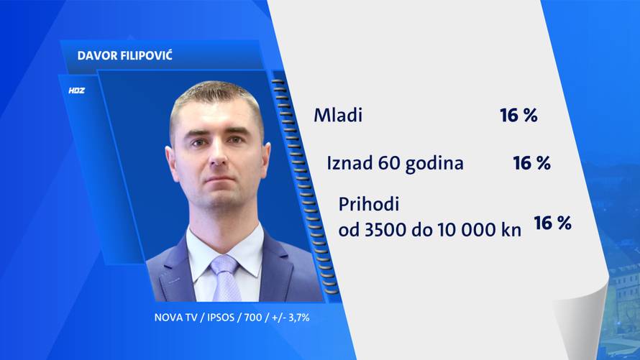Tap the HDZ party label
[76, 91]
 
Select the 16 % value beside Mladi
[518, 115]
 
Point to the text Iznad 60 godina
[395, 163]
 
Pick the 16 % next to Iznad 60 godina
[531, 163]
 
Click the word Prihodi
[368, 204]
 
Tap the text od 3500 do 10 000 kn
[430, 230]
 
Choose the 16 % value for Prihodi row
[552, 223]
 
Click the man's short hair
[216, 97]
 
